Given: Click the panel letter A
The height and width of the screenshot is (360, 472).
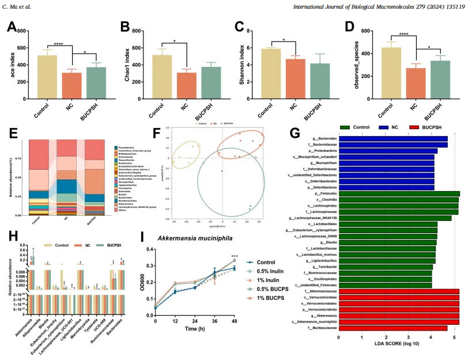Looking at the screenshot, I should (x=12, y=27).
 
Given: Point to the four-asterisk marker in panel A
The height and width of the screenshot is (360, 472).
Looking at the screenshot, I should (x=58, y=44).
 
